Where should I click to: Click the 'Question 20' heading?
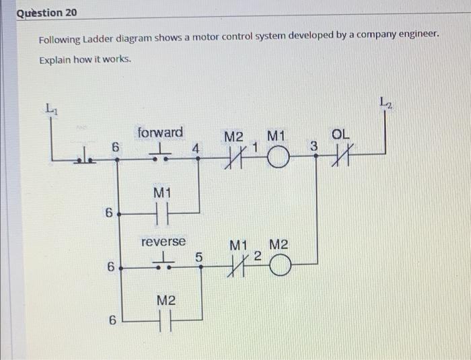tap(47, 13)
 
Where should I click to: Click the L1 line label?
tap(51, 108)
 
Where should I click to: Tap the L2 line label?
tap(385, 102)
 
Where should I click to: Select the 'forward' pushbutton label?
tap(159, 132)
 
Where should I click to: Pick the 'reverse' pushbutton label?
tap(163, 241)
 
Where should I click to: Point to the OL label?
tap(341, 135)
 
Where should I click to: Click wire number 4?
tap(195, 147)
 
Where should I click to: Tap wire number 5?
tap(198, 256)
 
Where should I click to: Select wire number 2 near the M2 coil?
tap(257, 256)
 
